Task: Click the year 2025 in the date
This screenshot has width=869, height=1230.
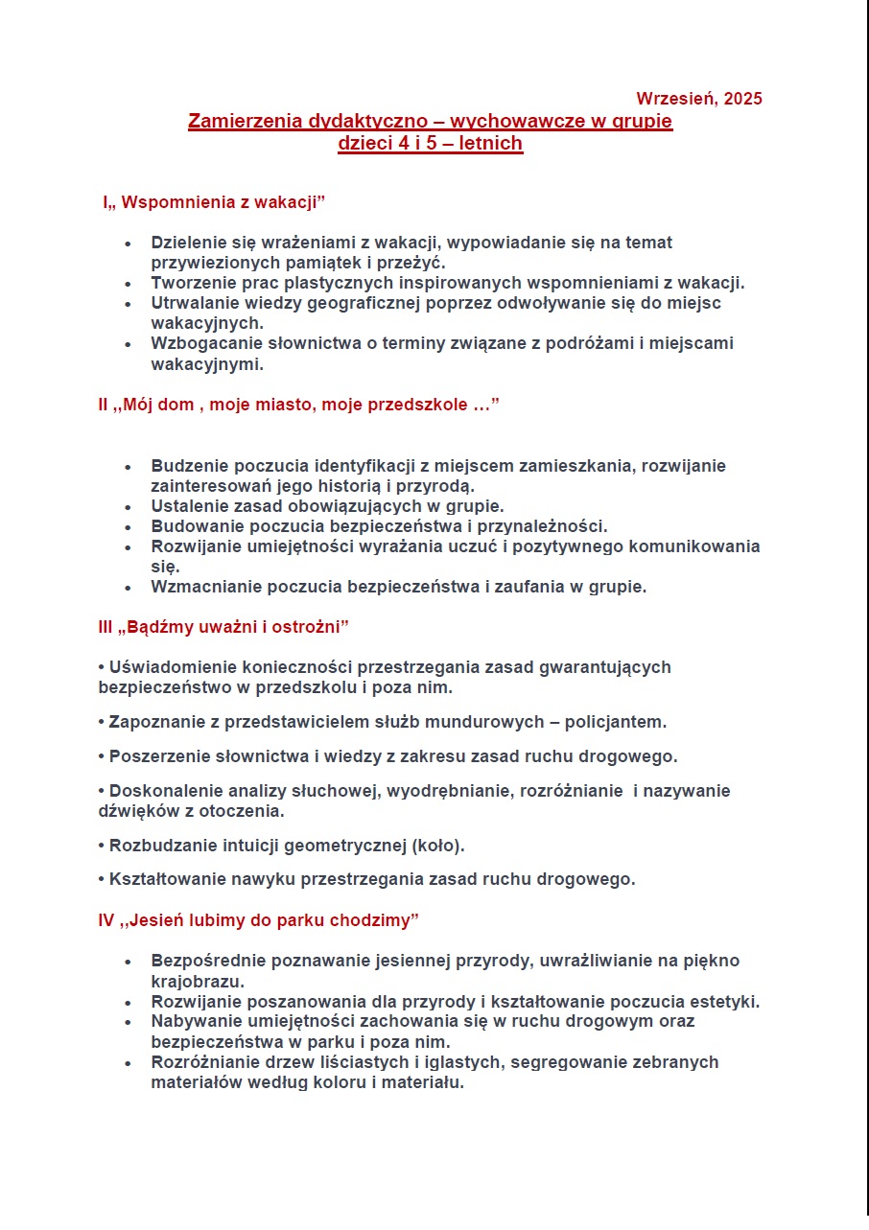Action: [743, 99]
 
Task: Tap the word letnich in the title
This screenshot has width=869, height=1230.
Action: [488, 144]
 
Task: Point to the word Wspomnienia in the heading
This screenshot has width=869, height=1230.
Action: [174, 203]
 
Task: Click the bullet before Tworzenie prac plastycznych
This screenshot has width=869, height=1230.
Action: [128, 284]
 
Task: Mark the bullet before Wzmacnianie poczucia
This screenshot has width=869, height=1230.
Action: [128, 588]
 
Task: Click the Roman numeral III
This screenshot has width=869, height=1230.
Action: [106, 627]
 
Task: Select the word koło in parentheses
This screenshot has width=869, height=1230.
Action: [437, 846]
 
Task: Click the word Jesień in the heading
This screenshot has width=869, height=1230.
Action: [157, 920]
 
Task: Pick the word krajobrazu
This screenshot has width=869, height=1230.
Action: [195, 982]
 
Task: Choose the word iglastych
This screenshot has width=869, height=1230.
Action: [452, 1062]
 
